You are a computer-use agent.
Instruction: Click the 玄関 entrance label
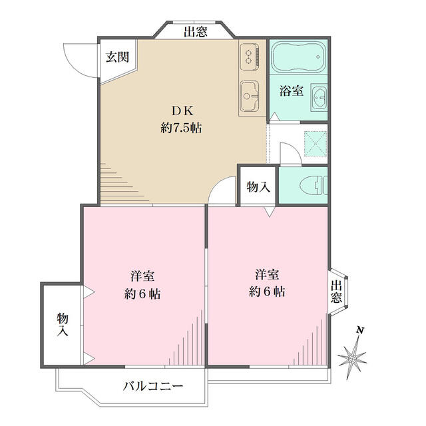point(117,57)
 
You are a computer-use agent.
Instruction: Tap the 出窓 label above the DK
point(196,31)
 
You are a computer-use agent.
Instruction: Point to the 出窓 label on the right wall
point(336,292)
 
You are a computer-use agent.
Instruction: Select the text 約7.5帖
point(181,128)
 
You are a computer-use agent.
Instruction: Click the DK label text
point(182,111)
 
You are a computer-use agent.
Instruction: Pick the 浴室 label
point(292,91)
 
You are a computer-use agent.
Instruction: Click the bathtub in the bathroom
point(299,57)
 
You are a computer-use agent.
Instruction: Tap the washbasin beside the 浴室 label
point(319,97)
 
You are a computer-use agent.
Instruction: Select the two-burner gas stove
point(250,57)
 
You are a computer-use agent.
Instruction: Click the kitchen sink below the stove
point(250,96)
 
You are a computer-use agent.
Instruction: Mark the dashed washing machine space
point(315,144)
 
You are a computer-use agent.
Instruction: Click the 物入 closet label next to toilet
point(258,187)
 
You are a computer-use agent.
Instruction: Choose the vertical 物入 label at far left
point(63,324)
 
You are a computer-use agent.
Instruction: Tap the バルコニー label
point(153,386)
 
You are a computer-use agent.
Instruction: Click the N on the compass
point(360,330)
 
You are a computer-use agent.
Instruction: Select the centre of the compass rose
point(352,359)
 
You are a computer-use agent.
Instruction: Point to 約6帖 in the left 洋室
point(142,294)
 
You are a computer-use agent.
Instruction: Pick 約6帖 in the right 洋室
point(267,292)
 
